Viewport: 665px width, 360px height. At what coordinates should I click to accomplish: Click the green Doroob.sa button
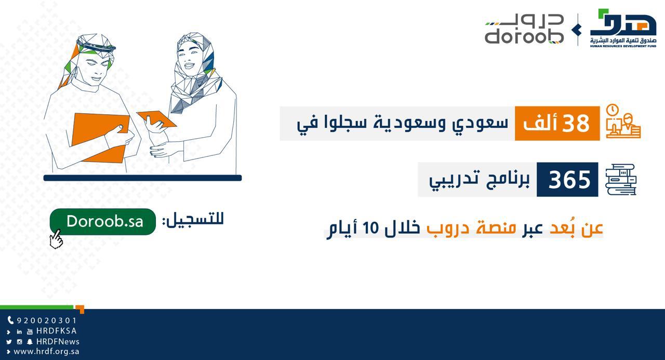point(103,222)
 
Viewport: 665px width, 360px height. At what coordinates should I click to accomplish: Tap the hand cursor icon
point(56,239)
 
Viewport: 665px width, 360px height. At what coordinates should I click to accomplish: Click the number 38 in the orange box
point(576,123)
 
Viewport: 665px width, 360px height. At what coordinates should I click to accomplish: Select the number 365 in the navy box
point(569,180)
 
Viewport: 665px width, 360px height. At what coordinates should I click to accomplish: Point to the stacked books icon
point(621,180)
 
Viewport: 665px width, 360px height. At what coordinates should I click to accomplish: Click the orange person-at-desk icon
point(623,121)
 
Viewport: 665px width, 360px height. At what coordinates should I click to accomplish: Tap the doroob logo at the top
point(524,29)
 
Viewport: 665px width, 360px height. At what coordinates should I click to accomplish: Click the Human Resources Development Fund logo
point(623,28)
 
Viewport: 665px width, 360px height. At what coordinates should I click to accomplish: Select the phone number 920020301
point(47,321)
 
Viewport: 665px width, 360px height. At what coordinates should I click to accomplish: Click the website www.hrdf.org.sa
point(46,352)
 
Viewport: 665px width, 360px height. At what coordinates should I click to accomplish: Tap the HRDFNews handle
point(58,342)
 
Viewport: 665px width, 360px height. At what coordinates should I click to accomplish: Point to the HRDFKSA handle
point(57,331)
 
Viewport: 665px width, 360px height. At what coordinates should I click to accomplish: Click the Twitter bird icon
point(9,342)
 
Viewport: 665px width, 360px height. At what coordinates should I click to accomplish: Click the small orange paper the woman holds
point(157,119)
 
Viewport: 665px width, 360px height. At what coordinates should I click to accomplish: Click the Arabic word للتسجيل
point(193,220)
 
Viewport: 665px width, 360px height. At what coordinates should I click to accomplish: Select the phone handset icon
point(11,320)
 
